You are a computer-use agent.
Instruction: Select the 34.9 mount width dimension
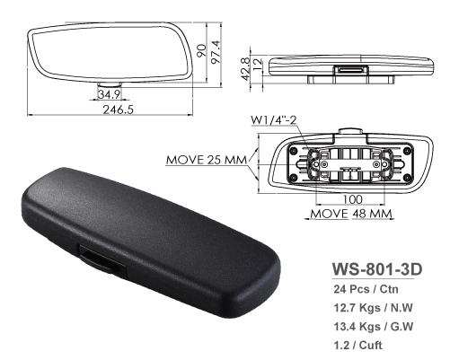(110, 94)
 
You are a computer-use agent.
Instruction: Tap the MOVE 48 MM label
(350, 215)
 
